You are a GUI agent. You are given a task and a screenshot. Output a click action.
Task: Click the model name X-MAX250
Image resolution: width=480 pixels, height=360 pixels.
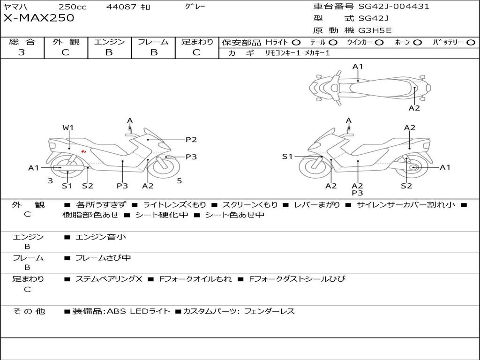click(38, 18)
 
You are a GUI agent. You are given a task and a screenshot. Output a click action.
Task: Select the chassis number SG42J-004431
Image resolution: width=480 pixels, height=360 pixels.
click(394, 6)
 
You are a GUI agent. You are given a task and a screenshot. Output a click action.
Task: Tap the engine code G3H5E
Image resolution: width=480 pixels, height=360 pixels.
click(375, 30)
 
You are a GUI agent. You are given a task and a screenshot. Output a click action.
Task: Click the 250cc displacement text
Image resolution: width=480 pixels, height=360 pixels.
click(72, 7)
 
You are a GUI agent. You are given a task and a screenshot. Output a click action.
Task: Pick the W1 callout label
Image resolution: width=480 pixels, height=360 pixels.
click(68, 127)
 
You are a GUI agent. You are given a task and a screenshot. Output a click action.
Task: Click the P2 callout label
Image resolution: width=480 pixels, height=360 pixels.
click(191, 140)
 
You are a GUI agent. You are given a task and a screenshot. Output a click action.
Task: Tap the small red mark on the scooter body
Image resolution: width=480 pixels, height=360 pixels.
click(83, 151)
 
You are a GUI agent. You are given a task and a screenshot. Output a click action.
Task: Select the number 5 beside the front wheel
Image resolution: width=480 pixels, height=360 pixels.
click(180, 180)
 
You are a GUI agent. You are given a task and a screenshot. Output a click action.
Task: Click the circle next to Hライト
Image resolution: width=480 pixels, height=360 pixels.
click(296, 43)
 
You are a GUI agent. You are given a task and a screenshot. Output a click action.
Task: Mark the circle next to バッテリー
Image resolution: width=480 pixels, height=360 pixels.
click(471, 43)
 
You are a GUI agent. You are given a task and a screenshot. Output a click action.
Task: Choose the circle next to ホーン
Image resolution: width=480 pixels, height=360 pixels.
click(418, 43)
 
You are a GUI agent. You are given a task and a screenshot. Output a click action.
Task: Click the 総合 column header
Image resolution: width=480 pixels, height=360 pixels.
click(22, 42)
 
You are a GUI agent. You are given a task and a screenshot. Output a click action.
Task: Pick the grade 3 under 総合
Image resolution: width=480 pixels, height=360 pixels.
click(22, 52)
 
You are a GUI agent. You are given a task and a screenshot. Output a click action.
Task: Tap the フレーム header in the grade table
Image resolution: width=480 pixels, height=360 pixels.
click(153, 42)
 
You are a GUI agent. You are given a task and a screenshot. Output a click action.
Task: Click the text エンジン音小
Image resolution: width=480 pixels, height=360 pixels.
click(100, 237)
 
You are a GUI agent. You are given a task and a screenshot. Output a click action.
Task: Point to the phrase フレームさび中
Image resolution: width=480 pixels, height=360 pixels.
click(103, 258)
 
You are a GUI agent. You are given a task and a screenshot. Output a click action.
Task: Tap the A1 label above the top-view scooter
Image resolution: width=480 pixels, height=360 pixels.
click(358, 67)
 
